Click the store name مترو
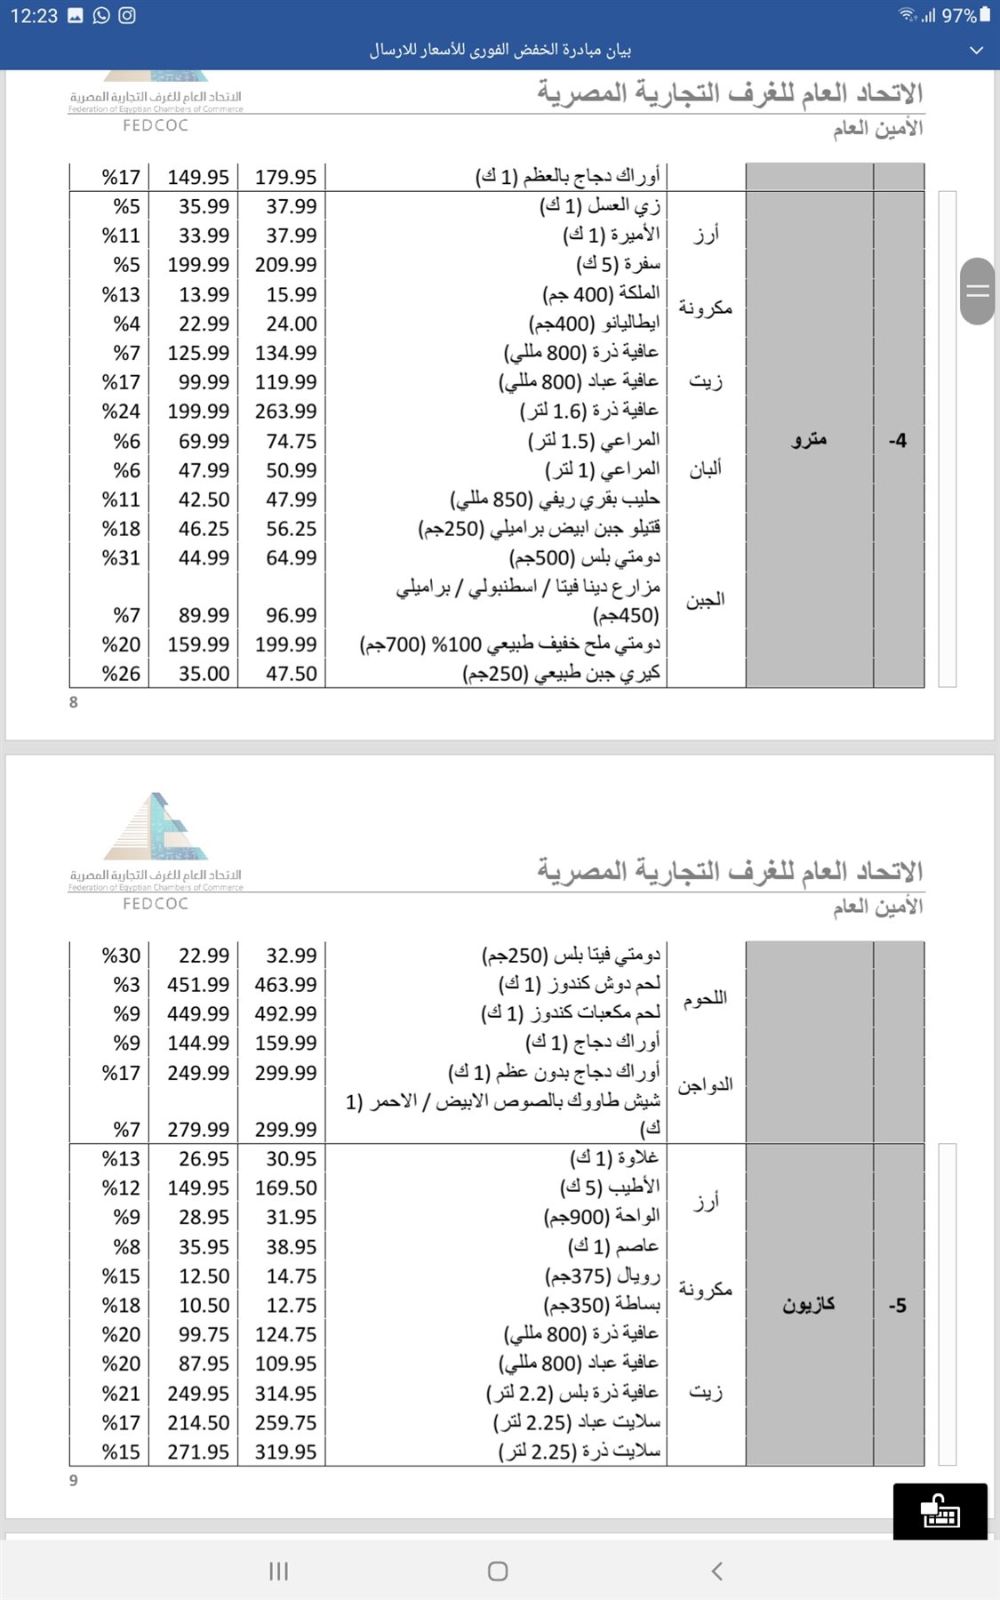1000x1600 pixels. pyautogui.click(x=809, y=440)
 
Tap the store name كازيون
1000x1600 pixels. pyautogui.click(x=808, y=1305)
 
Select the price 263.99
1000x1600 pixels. pyautogui.click(x=285, y=412)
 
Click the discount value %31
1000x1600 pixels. pyautogui.click(x=121, y=558)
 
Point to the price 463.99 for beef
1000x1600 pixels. pyautogui.click(x=285, y=985)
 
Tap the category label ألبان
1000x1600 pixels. pyautogui.click(x=706, y=469)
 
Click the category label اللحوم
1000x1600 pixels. pyautogui.click(x=706, y=998)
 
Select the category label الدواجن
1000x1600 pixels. pyautogui.click(x=706, y=1085)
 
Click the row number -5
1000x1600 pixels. pyautogui.click(x=898, y=1305)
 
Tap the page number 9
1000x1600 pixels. pyautogui.click(x=74, y=1480)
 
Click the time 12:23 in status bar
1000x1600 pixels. pyautogui.click(x=34, y=16)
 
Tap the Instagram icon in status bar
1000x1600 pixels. pyautogui.click(x=127, y=15)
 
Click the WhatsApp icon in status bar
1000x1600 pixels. pyautogui.click(x=101, y=15)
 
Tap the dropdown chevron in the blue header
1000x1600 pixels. pyautogui.click(x=976, y=51)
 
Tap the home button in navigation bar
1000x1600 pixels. pyautogui.click(x=498, y=1571)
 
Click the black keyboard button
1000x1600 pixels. pyautogui.click(x=940, y=1510)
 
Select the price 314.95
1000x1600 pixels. pyautogui.click(x=285, y=1394)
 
